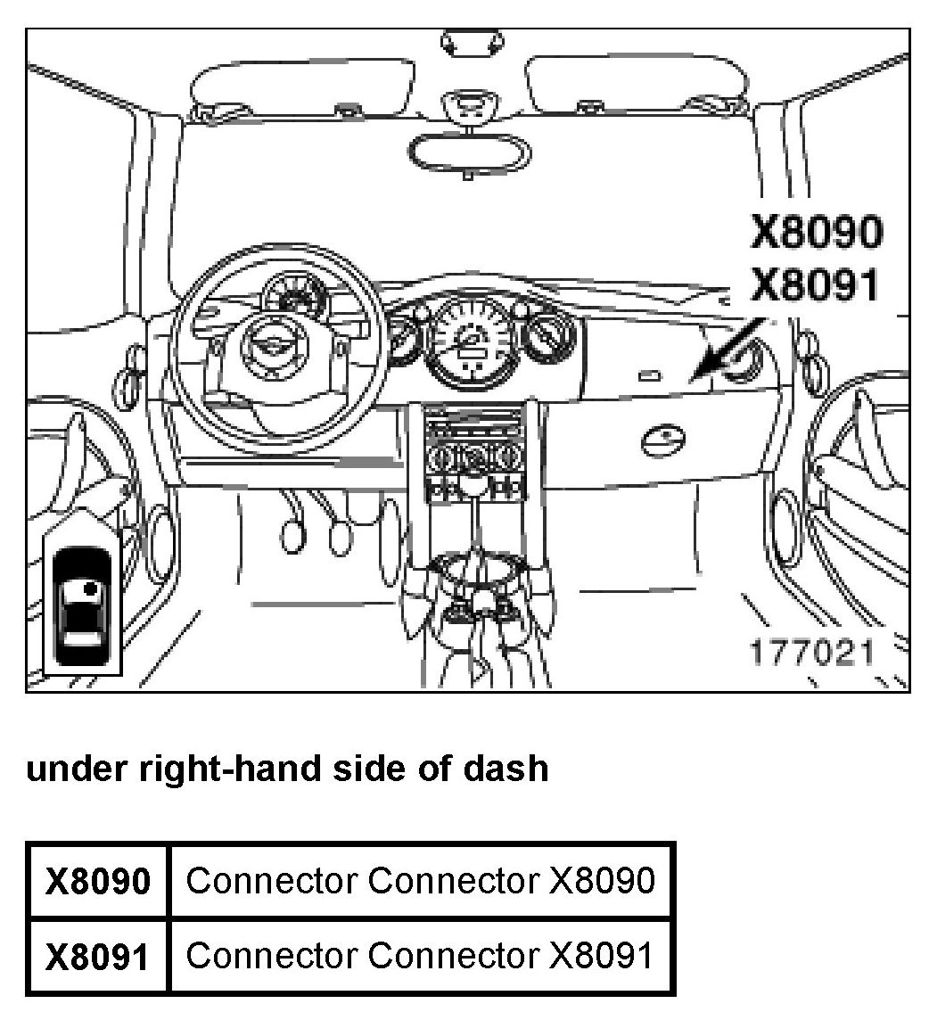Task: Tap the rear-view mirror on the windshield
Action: pyautogui.click(x=467, y=152)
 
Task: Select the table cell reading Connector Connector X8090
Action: pyautogui.click(x=421, y=880)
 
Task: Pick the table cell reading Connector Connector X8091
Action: pyautogui.click(x=421, y=955)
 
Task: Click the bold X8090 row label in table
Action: pyautogui.click(x=98, y=881)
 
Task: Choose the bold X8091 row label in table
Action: pyautogui.click(x=98, y=956)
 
